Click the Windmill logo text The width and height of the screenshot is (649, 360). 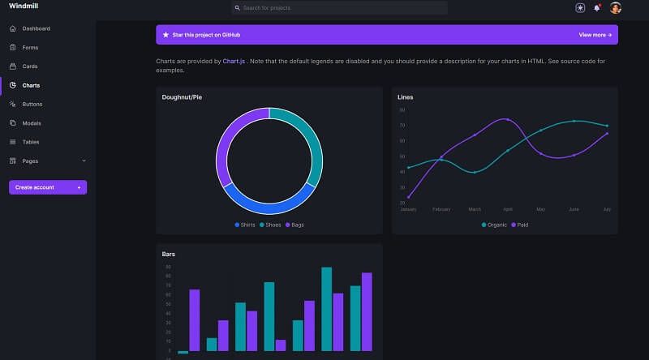pos(23,7)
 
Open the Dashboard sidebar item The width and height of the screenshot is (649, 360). pos(36,28)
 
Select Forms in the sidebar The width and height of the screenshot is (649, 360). pos(30,47)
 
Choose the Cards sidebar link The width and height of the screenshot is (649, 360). pos(30,66)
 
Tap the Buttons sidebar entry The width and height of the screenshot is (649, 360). pos(32,105)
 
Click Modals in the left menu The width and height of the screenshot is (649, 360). pos(32,123)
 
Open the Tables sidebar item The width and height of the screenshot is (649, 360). pos(31,142)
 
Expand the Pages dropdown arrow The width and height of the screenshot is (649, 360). pos(84,161)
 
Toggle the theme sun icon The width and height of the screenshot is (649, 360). pos(580,8)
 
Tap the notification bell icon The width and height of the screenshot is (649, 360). pos(597,8)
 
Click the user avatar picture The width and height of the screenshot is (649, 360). pos(616,8)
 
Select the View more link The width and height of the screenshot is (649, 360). pos(595,35)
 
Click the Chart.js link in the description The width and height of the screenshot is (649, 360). pos(234,61)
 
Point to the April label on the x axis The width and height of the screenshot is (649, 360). pos(508,209)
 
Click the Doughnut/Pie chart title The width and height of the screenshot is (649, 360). pos(183,97)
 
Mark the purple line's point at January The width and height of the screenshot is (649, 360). pos(408,197)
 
